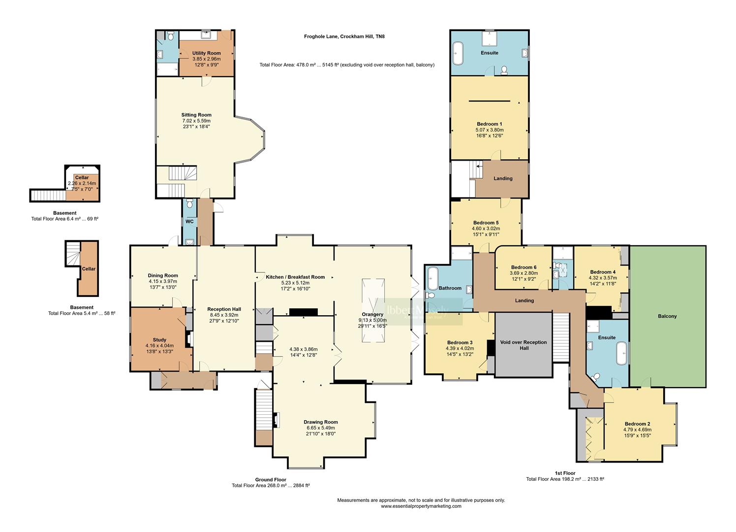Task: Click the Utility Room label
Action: coord(206,53)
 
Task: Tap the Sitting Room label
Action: coord(196,115)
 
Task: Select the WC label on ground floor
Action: coord(189,222)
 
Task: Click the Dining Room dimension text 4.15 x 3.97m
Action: coord(163,282)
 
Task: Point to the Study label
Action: coord(159,340)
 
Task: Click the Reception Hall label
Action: coord(223,309)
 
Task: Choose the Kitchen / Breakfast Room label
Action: coord(295,277)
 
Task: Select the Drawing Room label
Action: coord(320,422)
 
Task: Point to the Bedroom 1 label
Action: coord(489,124)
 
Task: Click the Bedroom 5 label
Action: coord(486,223)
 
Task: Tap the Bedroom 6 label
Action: coord(523,267)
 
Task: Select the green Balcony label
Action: coord(667,316)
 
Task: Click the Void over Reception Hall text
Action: coord(524,345)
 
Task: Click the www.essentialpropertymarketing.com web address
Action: coord(421,506)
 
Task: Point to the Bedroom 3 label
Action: coord(460,343)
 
